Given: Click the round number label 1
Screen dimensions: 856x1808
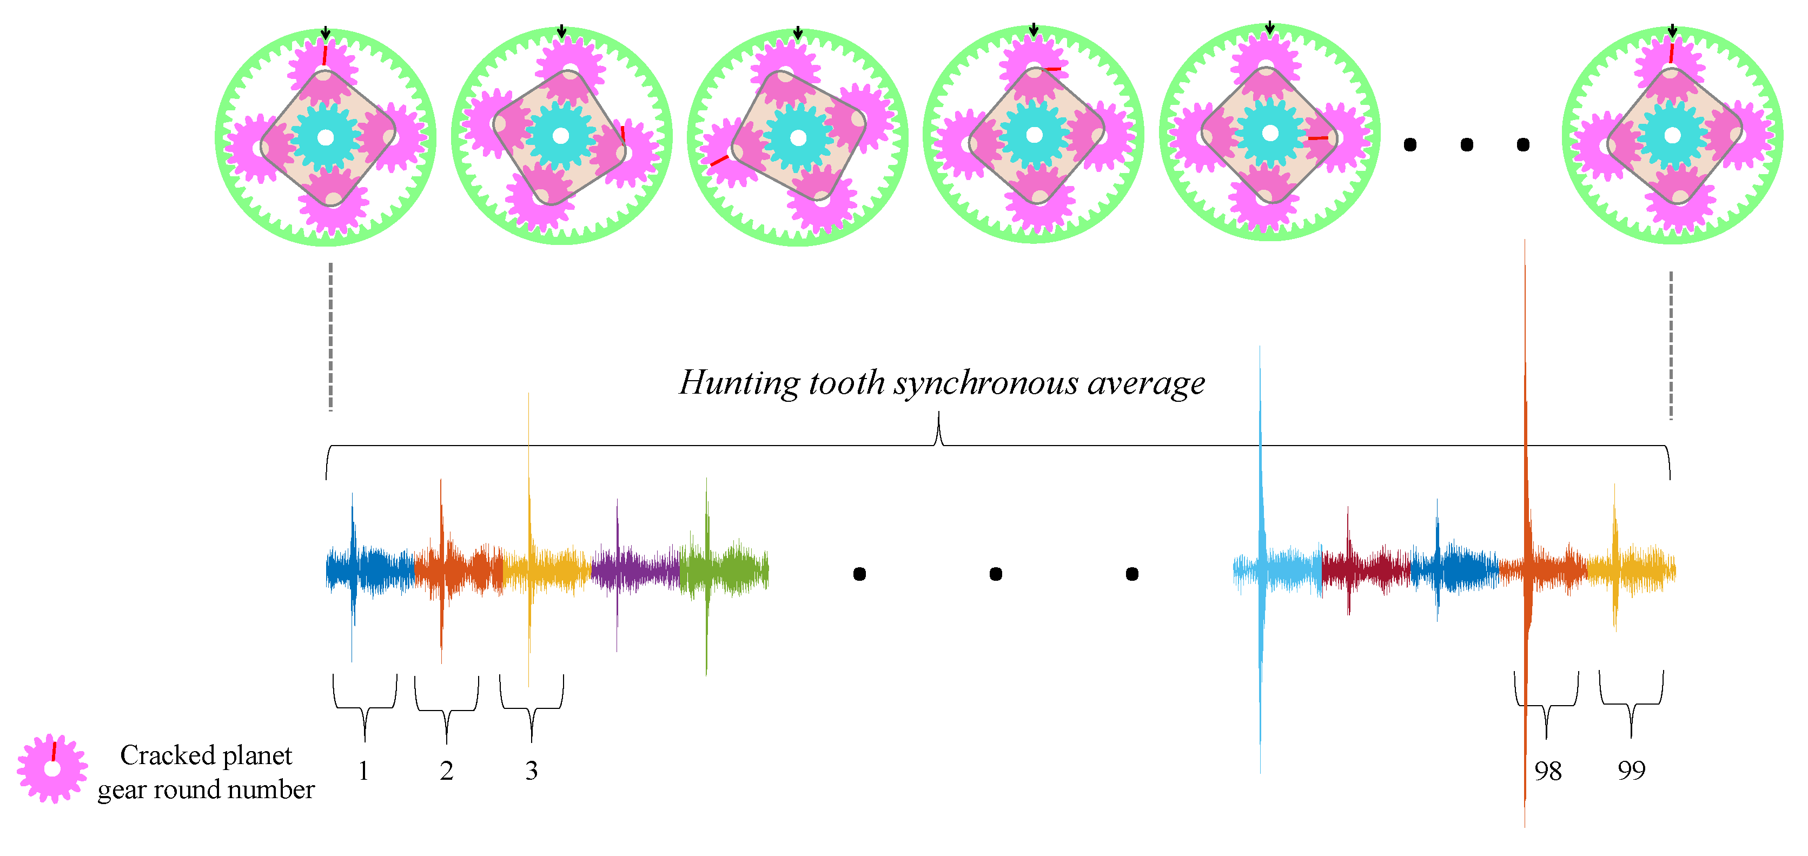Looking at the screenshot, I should (363, 771).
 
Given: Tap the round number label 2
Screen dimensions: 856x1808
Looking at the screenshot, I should (446, 771).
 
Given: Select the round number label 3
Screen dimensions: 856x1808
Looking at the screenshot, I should (531, 771).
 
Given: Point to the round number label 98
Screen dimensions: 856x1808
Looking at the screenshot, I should (1548, 771).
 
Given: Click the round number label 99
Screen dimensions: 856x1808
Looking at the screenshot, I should (1631, 769).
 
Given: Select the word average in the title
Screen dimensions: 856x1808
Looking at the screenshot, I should (1145, 383).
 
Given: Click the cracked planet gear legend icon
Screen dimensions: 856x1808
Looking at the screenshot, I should (52, 768).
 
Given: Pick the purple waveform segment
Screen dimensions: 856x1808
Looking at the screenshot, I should (635, 568).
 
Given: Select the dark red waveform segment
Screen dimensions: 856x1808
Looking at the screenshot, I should (1365, 568).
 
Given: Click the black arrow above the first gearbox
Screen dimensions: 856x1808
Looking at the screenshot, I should (325, 33).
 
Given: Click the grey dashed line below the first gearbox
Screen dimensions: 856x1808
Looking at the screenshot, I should (330, 337).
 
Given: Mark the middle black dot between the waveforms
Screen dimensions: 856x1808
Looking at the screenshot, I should (995, 574).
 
